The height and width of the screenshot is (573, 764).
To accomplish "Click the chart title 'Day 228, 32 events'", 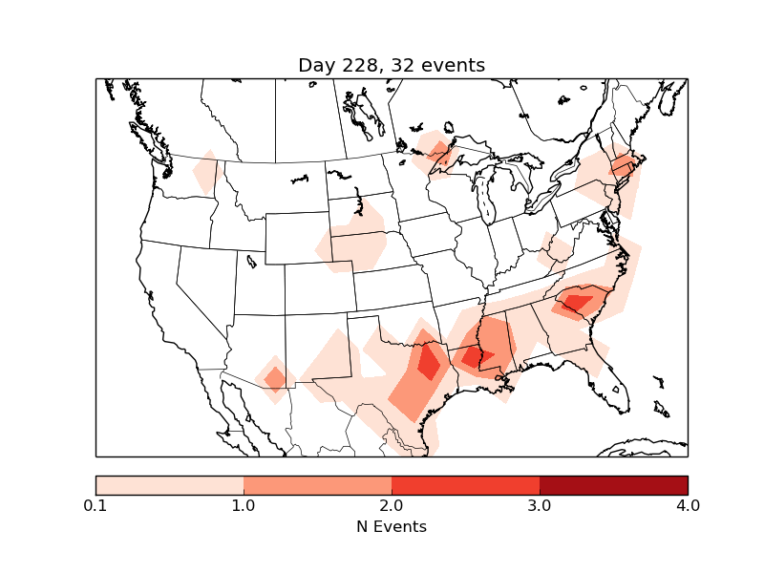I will click(x=392, y=65).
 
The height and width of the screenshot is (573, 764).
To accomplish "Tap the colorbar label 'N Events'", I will click(x=392, y=526).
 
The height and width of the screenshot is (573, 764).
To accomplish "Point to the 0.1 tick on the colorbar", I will click(x=95, y=505).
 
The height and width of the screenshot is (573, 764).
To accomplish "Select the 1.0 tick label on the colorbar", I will click(x=244, y=505).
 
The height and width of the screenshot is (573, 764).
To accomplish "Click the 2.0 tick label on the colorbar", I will click(x=392, y=505).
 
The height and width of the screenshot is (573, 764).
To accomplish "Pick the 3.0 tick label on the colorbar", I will click(x=540, y=505).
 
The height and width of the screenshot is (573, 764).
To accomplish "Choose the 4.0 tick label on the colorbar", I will click(x=688, y=505).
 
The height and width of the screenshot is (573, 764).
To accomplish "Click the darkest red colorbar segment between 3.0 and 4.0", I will click(x=613, y=484).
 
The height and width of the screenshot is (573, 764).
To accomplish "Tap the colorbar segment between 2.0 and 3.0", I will click(x=465, y=484).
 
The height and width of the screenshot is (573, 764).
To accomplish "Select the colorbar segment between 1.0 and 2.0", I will click(x=317, y=484).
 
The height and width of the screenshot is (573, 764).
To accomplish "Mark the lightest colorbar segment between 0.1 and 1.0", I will click(x=169, y=484).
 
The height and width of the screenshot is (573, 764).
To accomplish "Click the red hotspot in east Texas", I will click(x=428, y=362).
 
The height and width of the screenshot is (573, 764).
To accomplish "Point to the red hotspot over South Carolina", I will click(x=577, y=304).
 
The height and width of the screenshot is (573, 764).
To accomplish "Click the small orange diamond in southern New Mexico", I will click(x=275, y=379).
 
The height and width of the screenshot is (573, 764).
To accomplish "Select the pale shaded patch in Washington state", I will click(x=207, y=173).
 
